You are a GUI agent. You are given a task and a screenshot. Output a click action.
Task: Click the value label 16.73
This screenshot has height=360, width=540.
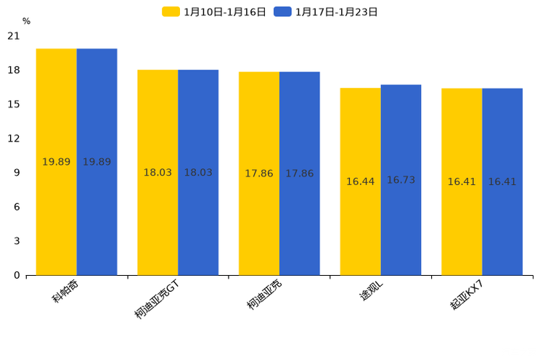pos(401,180)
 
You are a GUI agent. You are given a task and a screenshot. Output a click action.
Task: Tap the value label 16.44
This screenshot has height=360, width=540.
pos(360,181)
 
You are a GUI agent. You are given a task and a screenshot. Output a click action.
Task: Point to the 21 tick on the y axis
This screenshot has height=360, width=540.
pos(14,36)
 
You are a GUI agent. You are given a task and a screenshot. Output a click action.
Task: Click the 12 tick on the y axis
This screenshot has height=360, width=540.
pos(14,139)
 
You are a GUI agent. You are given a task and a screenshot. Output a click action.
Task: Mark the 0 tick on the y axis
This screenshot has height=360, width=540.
pos(17,275)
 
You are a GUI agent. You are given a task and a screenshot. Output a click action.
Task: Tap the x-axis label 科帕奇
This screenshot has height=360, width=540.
pos(66,291)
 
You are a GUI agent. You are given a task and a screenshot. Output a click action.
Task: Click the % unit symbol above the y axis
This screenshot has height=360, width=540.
pos(26,22)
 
